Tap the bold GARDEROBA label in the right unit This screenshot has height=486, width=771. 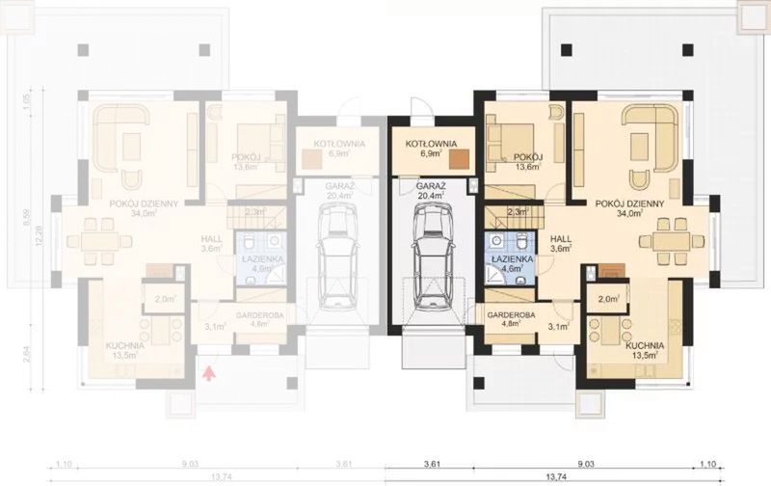coord(505,315)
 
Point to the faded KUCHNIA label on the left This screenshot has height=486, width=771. coord(126,344)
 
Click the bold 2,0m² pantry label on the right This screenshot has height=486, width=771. coord(608,301)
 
